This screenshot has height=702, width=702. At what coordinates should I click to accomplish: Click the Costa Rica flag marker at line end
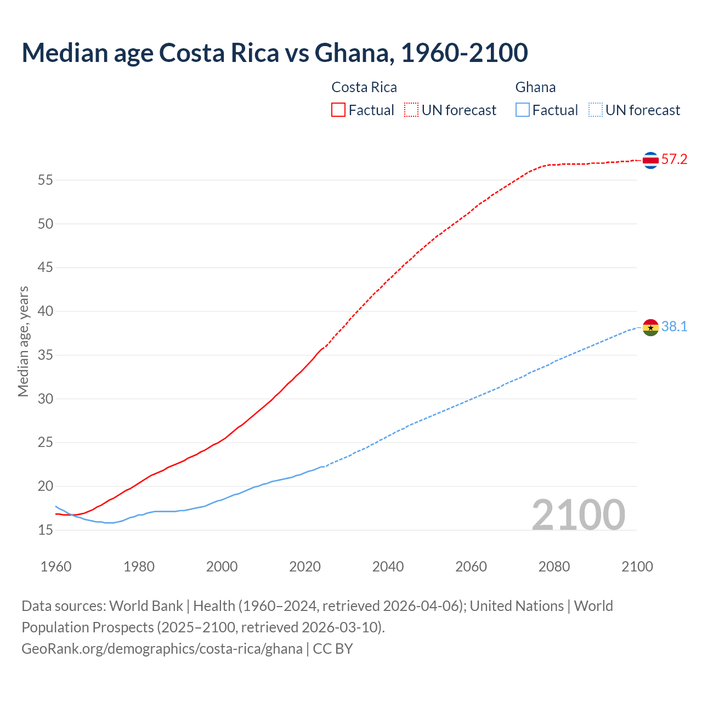650,160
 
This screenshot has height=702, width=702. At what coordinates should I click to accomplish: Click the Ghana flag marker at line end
650,327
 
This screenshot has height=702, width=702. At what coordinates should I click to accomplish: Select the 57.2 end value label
674,160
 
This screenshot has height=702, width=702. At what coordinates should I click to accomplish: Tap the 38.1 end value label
674,327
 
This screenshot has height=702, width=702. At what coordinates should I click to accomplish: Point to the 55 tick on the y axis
46,180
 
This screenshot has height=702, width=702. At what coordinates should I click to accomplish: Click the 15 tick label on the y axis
46,530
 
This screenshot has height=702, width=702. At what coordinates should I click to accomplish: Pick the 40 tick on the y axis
46,312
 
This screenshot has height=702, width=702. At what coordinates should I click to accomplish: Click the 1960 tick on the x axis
56,567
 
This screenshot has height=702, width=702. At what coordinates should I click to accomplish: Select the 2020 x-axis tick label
305,567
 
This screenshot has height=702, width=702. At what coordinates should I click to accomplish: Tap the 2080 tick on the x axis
554,567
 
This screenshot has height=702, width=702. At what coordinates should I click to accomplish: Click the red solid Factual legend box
338,110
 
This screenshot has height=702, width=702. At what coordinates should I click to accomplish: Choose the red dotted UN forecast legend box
411,110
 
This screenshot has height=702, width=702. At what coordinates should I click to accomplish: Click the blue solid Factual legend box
523,110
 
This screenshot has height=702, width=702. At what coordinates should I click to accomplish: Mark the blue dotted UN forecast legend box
596,110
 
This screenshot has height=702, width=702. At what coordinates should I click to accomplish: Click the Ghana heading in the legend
535,87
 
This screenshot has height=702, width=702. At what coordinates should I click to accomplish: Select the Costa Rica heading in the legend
364,87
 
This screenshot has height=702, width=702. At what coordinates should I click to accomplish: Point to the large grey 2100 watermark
578,514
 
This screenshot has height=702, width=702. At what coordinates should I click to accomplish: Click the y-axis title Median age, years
23,341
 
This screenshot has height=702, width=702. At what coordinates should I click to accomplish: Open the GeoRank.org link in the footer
162,649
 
